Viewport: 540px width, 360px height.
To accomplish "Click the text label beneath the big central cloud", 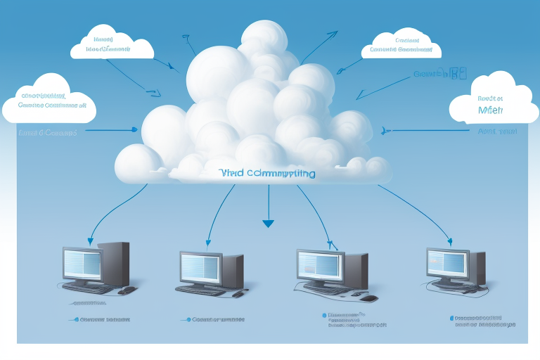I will pos(268,173).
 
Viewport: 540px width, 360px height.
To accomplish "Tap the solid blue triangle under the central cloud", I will pos(268,224).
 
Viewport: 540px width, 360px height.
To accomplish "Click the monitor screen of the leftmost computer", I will pos(82,264).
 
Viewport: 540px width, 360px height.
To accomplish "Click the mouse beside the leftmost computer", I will pos(127,290).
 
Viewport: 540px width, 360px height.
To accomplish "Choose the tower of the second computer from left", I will pos(232,270).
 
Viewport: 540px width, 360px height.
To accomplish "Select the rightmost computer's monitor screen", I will pos(446,263).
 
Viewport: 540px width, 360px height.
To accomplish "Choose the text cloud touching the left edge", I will pos(48,103).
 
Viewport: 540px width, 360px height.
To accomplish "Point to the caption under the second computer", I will pos(216,319).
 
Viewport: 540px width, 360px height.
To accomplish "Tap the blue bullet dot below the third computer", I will pos(324,316).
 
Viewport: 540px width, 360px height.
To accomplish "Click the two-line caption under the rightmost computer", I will pos(484,321).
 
